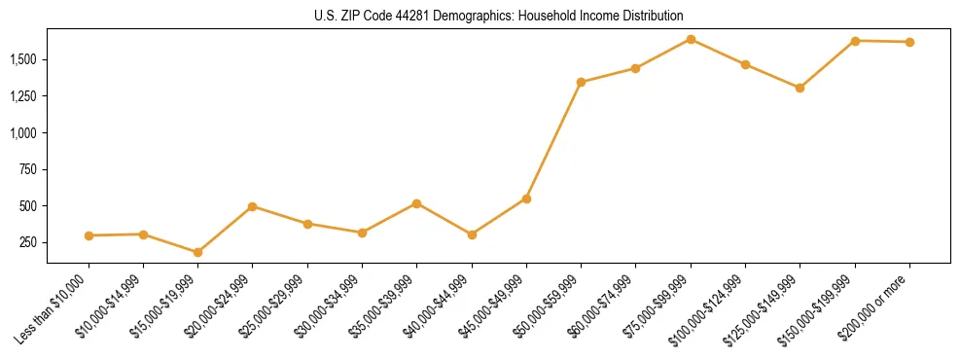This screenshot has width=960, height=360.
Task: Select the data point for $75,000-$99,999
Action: [x=691, y=39]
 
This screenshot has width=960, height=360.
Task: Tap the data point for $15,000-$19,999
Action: [x=198, y=252]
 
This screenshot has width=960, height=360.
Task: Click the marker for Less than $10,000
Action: [x=89, y=235]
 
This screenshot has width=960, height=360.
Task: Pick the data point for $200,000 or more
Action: [x=909, y=42]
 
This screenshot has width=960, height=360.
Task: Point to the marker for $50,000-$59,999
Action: [x=581, y=82]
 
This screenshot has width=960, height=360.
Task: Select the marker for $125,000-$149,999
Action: [x=800, y=88]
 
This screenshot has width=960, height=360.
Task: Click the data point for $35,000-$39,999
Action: [x=416, y=203]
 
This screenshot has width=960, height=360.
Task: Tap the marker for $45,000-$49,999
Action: [x=526, y=198]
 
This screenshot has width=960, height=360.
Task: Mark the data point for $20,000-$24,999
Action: [x=253, y=206]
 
